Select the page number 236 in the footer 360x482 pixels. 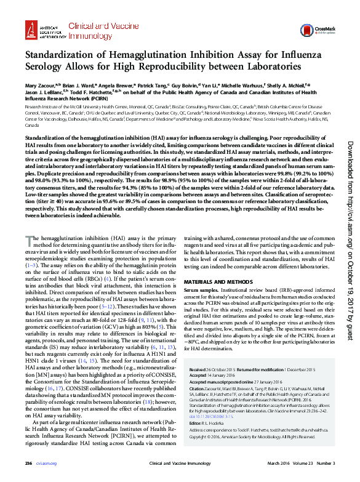click(28, 463)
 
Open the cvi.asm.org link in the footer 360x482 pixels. click(46, 463)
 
